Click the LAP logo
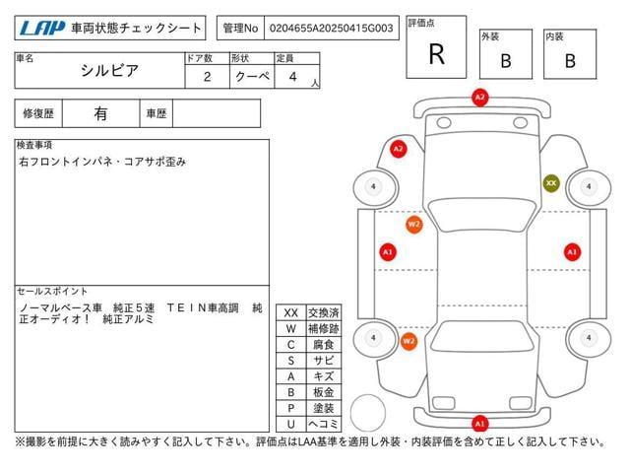[41, 29]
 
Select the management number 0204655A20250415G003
[331, 29]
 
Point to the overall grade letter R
[437, 54]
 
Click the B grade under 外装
[506, 61]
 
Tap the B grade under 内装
[570, 61]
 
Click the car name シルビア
[109, 71]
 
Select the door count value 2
[207, 77]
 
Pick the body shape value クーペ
[252, 76]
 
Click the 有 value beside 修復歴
[100, 113]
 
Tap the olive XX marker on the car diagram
[551, 183]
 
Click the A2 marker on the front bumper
[479, 98]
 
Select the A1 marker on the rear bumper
[479, 424]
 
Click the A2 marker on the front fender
[398, 149]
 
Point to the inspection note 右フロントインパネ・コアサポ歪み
[102, 162]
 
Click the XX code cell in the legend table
[291, 313]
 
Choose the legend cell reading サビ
[324, 361]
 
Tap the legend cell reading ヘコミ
[324, 424]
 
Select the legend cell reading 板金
[324, 392]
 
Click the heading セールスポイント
[52, 292]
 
